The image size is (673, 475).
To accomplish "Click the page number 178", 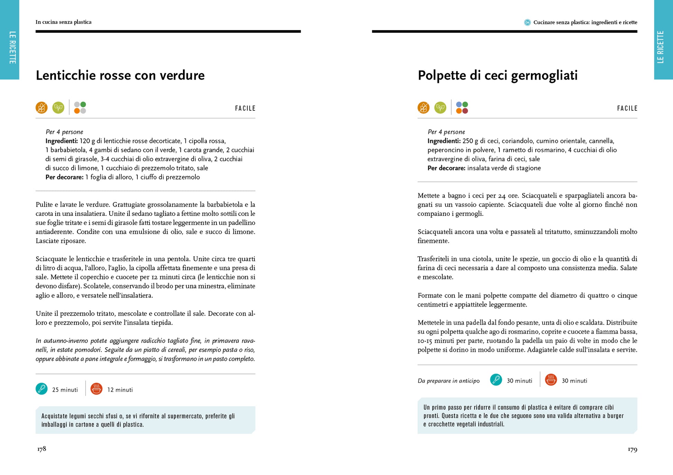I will [42, 449].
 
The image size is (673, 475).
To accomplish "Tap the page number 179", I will [632, 449].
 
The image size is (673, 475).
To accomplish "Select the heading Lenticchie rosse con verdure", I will [120, 75].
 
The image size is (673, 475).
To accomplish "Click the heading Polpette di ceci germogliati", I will [497, 75].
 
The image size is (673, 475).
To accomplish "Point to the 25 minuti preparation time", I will [65, 390].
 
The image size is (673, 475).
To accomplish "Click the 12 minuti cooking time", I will [120, 390].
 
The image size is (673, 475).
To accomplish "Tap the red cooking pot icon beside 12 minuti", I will [96, 389].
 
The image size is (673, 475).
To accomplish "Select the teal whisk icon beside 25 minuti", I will [42, 389].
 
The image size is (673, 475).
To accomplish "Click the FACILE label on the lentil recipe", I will [245, 108].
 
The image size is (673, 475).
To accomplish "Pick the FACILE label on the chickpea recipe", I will [627, 108].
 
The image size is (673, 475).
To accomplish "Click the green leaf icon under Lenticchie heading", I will [58, 108].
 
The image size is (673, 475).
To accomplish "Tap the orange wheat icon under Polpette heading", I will [423, 108].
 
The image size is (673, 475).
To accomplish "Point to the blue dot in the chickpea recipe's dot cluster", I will [459, 104].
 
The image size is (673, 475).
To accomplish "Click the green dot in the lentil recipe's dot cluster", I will [83, 104].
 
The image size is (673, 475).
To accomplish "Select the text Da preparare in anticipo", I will [449, 381].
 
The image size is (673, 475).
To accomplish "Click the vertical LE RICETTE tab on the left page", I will [12, 47].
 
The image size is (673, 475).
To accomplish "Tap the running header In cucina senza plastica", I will [63, 22].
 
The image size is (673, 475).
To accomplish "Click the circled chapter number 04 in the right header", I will [527, 22].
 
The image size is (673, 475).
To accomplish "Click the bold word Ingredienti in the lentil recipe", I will [62, 141].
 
